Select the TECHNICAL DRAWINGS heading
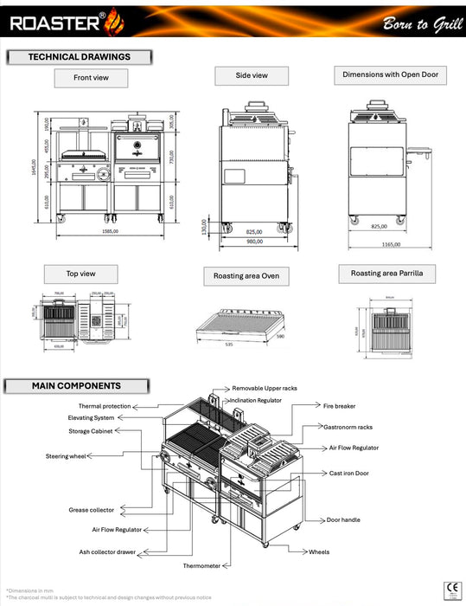click(x=79, y=57)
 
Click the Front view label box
click(x=91, y=78)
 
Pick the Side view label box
click(x=252, y=76)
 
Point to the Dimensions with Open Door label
click(x=390, y=75)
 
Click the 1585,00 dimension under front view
click(x=109, y=232)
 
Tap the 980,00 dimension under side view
click(x=254, y=242)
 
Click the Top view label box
click(x=81, y=274)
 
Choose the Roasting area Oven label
click(x=246, y=277)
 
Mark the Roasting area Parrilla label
click(x=386, y=274)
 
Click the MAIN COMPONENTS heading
click(x=76, y=386)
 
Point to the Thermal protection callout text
click(x=105, y=405)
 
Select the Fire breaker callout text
click(x=339, y=406)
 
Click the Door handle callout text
click(x=343, y=520)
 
